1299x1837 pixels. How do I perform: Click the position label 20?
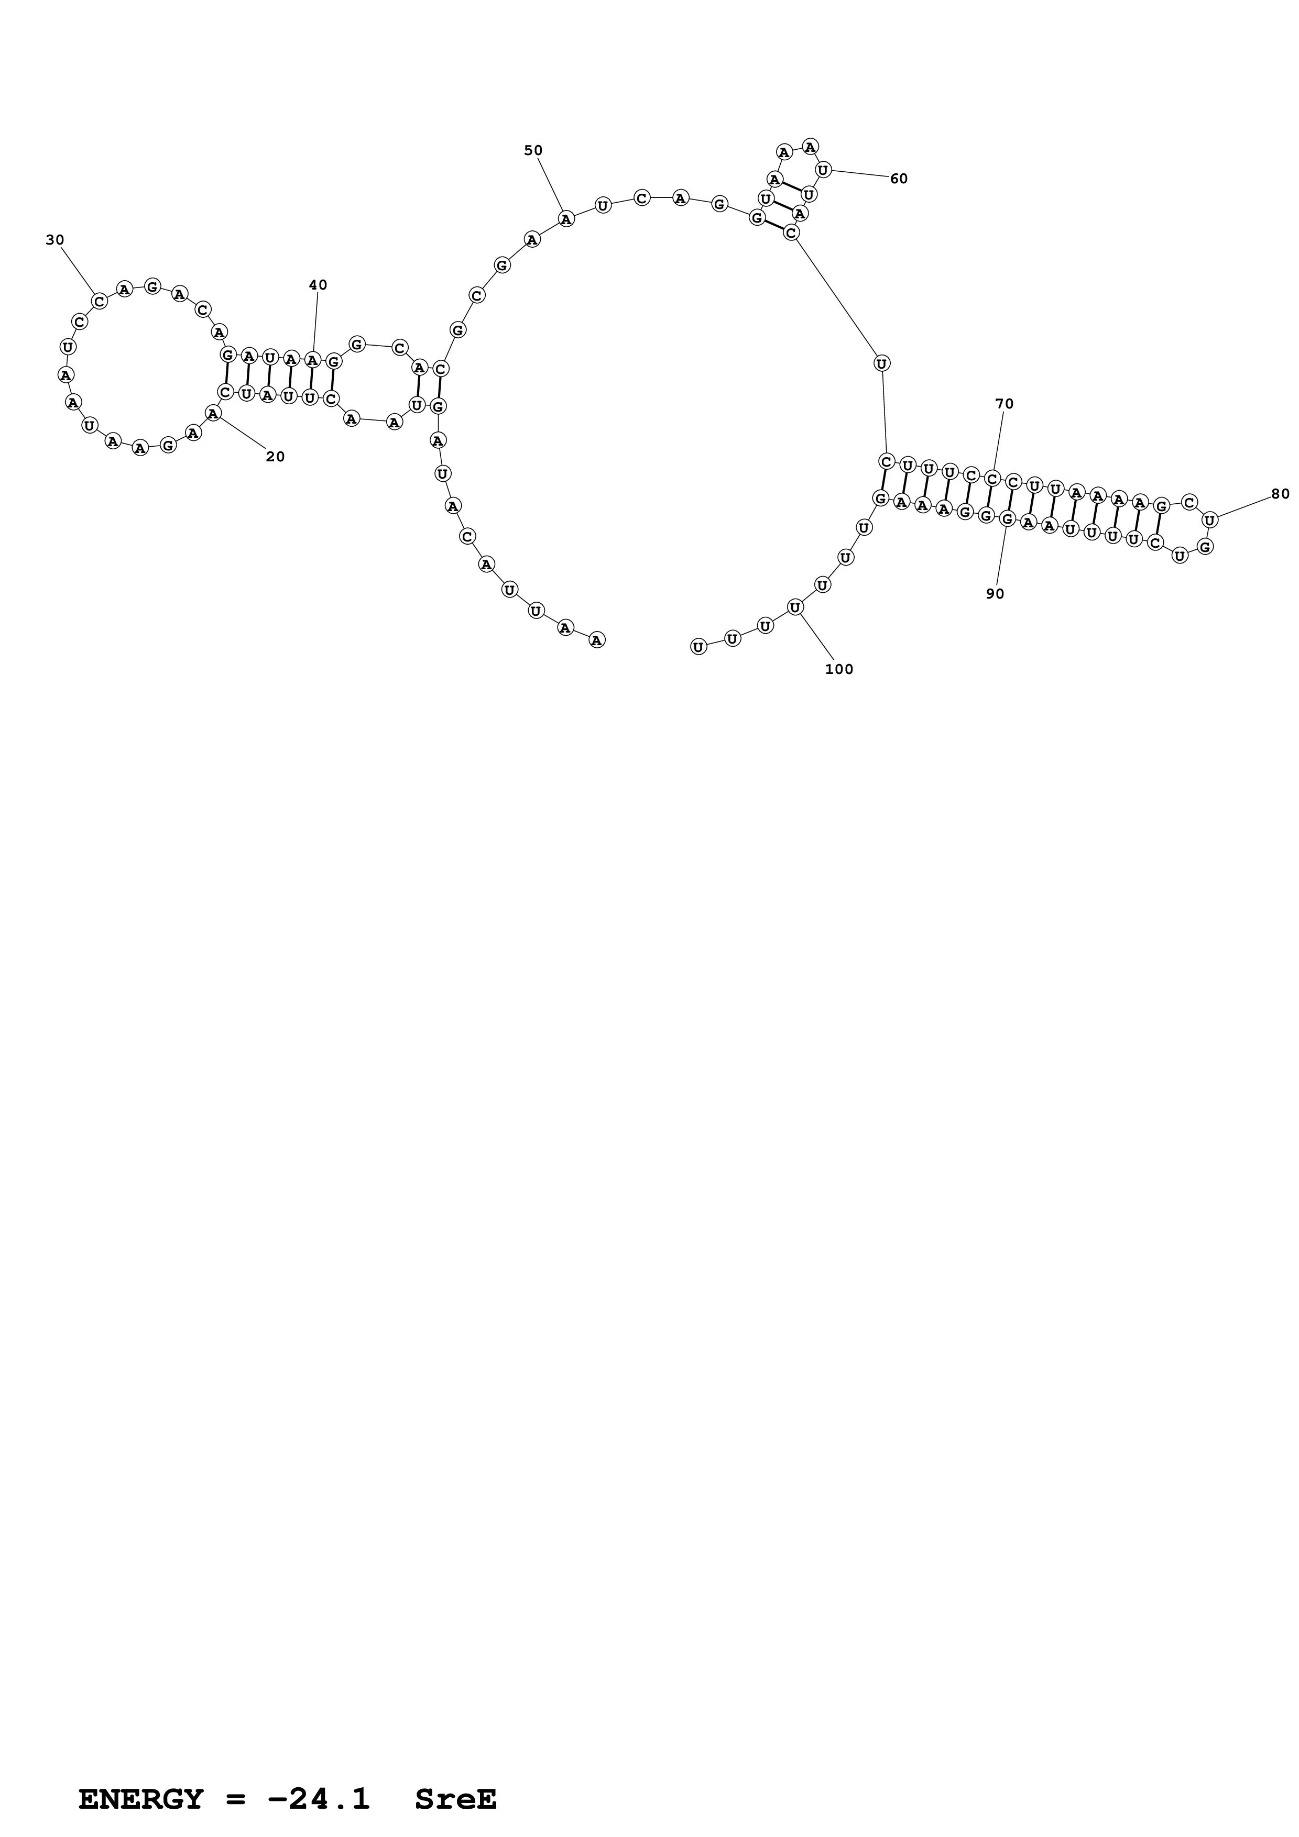tap(275, 457)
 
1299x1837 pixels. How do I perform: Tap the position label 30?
tap(54, 240)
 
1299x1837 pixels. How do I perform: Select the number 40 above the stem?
tap(318, 285)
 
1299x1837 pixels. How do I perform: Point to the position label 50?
tap(533, 150)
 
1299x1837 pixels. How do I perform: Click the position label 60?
tap(899, 179)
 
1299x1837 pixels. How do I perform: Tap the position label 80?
tap(1280, 494)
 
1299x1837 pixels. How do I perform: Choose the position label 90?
tap(995, 594)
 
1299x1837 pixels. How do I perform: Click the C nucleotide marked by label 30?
tap(99, 301)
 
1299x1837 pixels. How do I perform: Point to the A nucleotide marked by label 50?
tap(566, 218)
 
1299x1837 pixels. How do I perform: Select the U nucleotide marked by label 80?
tap(1210, 520)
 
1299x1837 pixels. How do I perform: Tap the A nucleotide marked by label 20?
tap(212, 413)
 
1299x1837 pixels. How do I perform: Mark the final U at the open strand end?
tap(698, 647)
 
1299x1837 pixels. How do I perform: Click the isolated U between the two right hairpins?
tap(881, 363)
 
